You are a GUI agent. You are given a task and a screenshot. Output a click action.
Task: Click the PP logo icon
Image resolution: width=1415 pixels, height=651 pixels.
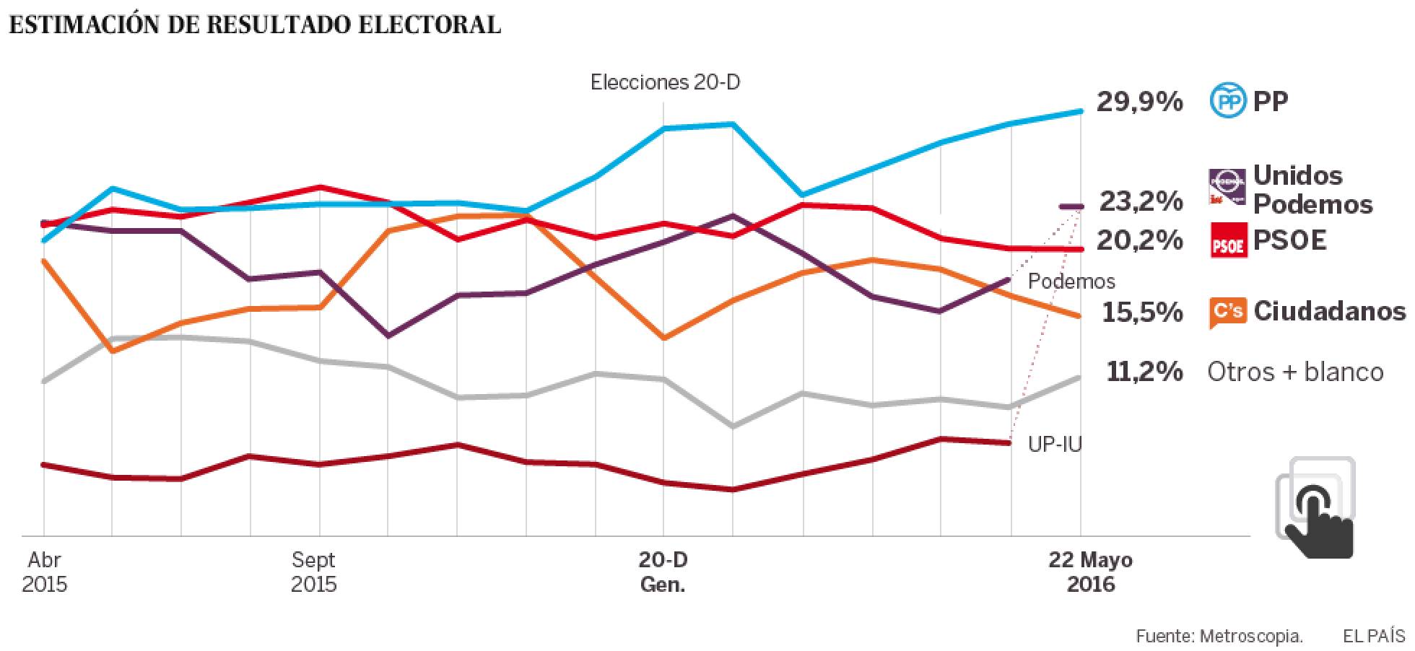(x=1227, y=101)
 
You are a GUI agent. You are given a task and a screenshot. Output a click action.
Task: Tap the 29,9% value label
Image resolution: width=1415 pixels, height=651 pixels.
(x=1139, y=102)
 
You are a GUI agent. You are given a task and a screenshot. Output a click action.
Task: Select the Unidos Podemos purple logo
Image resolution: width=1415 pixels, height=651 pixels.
(x=1227, y=187)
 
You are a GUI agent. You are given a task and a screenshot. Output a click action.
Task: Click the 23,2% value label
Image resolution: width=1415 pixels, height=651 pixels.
(x=1141, y=201)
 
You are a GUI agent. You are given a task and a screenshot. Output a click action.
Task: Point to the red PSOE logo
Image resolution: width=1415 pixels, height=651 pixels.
(x=1227, y=240)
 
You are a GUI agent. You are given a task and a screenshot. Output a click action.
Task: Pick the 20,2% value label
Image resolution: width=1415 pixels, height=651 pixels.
(x=1139, y=240)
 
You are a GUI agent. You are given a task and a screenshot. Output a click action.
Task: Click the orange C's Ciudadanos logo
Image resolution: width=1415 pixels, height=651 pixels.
(x=1227, y=312)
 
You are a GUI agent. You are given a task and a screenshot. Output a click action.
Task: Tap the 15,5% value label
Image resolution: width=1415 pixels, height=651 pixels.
(x=1142, y=313)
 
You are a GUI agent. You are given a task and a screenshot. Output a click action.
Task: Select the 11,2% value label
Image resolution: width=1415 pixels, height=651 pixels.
(x=1144, y=372)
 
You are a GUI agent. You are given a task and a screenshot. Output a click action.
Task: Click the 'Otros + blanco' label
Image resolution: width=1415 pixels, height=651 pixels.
(x=1295, y=372)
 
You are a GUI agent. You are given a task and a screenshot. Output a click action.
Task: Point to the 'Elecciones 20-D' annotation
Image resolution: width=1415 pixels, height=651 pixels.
(x=665, y=82)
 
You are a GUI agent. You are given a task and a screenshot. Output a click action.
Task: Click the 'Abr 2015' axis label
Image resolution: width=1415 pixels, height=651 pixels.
(x=44, y=572)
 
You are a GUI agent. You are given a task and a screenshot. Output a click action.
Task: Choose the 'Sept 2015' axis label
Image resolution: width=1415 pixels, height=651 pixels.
(x=314, y=572)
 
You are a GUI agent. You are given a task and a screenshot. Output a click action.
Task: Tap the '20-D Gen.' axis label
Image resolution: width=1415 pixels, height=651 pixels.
(x=663, y=572)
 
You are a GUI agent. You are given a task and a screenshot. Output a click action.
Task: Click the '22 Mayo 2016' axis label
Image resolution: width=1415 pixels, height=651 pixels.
(x=1090, y=572)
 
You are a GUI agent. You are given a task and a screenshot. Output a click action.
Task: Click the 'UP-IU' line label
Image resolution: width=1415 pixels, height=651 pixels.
(x=1055, y=444)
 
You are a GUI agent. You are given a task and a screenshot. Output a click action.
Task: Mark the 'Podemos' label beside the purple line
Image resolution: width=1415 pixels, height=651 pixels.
(x=1071, y=281)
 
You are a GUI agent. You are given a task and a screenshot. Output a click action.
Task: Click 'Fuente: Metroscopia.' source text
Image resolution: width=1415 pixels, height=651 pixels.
(x=1219, y=636)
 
